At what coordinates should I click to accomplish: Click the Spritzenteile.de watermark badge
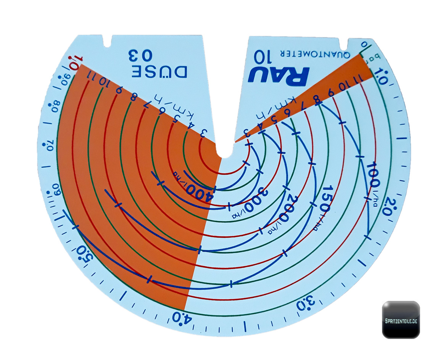pos(401,320)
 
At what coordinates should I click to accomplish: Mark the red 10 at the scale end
pos(74,61)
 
